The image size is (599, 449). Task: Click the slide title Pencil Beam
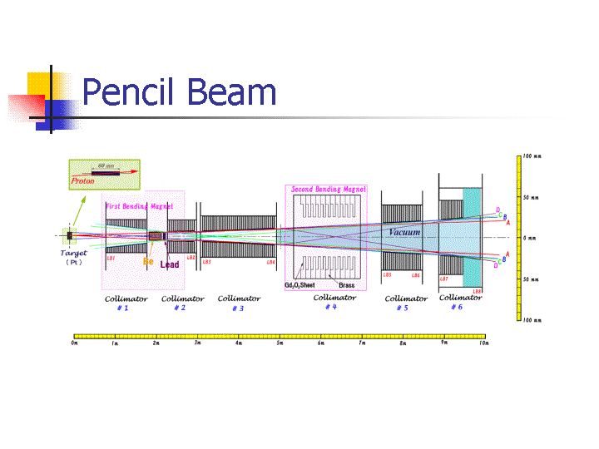tap(179, 91)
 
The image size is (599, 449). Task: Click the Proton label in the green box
tap(82, 180)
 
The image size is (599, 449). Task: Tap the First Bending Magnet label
tap(138, 206)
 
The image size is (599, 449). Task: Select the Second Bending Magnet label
tap(328, 190)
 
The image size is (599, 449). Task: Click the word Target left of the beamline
tap(73, 253)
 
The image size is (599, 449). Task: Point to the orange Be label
tap(148, 261)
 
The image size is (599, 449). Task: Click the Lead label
tap(170, 264)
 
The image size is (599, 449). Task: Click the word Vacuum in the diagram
tap(404, 232)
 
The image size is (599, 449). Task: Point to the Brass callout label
tap(347, 285)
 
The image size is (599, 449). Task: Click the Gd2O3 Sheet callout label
tap(299, 285)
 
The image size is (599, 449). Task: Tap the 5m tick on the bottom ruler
tap(280, 343)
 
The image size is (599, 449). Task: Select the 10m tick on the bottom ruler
tap(483, 343)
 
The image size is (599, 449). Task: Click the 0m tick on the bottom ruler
tap(75, 343)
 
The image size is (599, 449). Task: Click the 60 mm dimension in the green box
tap(106, 165)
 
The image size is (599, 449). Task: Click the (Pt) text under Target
tap(73, 262)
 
